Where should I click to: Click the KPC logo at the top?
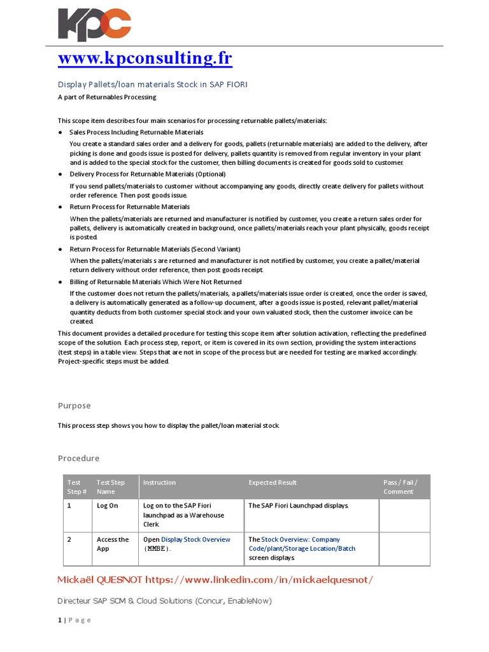pos(94,25)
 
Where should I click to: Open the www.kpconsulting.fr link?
pos(145,59)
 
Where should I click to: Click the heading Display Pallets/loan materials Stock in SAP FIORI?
pos(153,84)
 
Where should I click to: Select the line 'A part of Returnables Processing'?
pos(107,97)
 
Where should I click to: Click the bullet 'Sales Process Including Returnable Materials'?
pos(136,132)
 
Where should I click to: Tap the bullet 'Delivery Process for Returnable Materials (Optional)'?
pos(147,174)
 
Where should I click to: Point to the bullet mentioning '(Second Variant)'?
pos(155,249)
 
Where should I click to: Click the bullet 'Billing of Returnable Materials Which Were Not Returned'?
pos(155,281)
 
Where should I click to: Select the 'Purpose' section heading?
pos(74,406)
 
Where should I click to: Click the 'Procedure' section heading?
pos(79,458)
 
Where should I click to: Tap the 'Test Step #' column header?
pos(75,487)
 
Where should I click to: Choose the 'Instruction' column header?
pos(159,483)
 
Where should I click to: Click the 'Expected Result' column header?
pos(273,483)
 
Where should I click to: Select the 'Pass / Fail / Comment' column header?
pos(400,487)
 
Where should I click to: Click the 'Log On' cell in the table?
pos(107,506)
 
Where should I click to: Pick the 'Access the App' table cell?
pos(113,544)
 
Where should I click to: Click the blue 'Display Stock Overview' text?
pos(195,539)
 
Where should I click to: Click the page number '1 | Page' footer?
pos(74,620)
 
